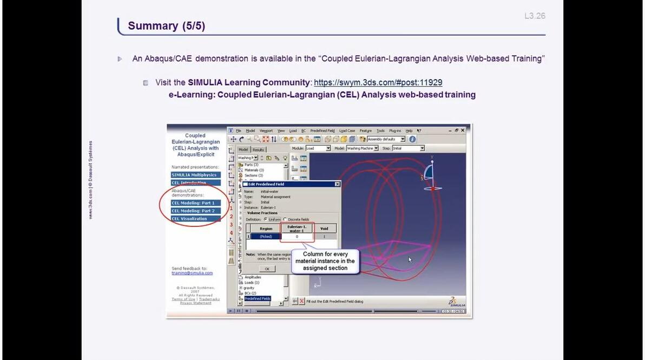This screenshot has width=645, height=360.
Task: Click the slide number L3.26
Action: click(x=535, y=16)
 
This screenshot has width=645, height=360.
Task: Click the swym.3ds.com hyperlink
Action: click(x=378, y=82)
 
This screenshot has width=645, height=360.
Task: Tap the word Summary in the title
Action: click(x=153, y=26)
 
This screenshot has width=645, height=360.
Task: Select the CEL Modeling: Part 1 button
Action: click(x=193, y=203)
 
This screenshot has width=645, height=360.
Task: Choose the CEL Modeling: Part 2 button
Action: click(x=193, y=211)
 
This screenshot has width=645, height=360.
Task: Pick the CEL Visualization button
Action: click(x=190, y=219)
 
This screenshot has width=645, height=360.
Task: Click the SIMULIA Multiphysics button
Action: click(x=194, y=175)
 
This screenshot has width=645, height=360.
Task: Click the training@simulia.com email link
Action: click(x=192, y=273)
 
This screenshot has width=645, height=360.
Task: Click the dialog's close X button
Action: click(x=337, y=184)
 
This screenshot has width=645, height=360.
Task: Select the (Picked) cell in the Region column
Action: click(x=266, y=237)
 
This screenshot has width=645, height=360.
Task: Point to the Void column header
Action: click(x=325, y=228)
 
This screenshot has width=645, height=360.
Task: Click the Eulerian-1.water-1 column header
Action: click(x=297, y=228)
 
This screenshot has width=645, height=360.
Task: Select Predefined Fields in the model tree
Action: click(x=257, y=298)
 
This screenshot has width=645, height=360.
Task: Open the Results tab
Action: click(x=258, y=149)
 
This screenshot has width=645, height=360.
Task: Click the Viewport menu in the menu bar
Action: click(x=266, y=130)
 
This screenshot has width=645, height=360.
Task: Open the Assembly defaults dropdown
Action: click(x=386, y=139)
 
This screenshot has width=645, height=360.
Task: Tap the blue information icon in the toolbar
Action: click(x=412, y=139)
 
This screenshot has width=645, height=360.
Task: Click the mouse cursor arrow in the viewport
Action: click(x=409, y=259)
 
